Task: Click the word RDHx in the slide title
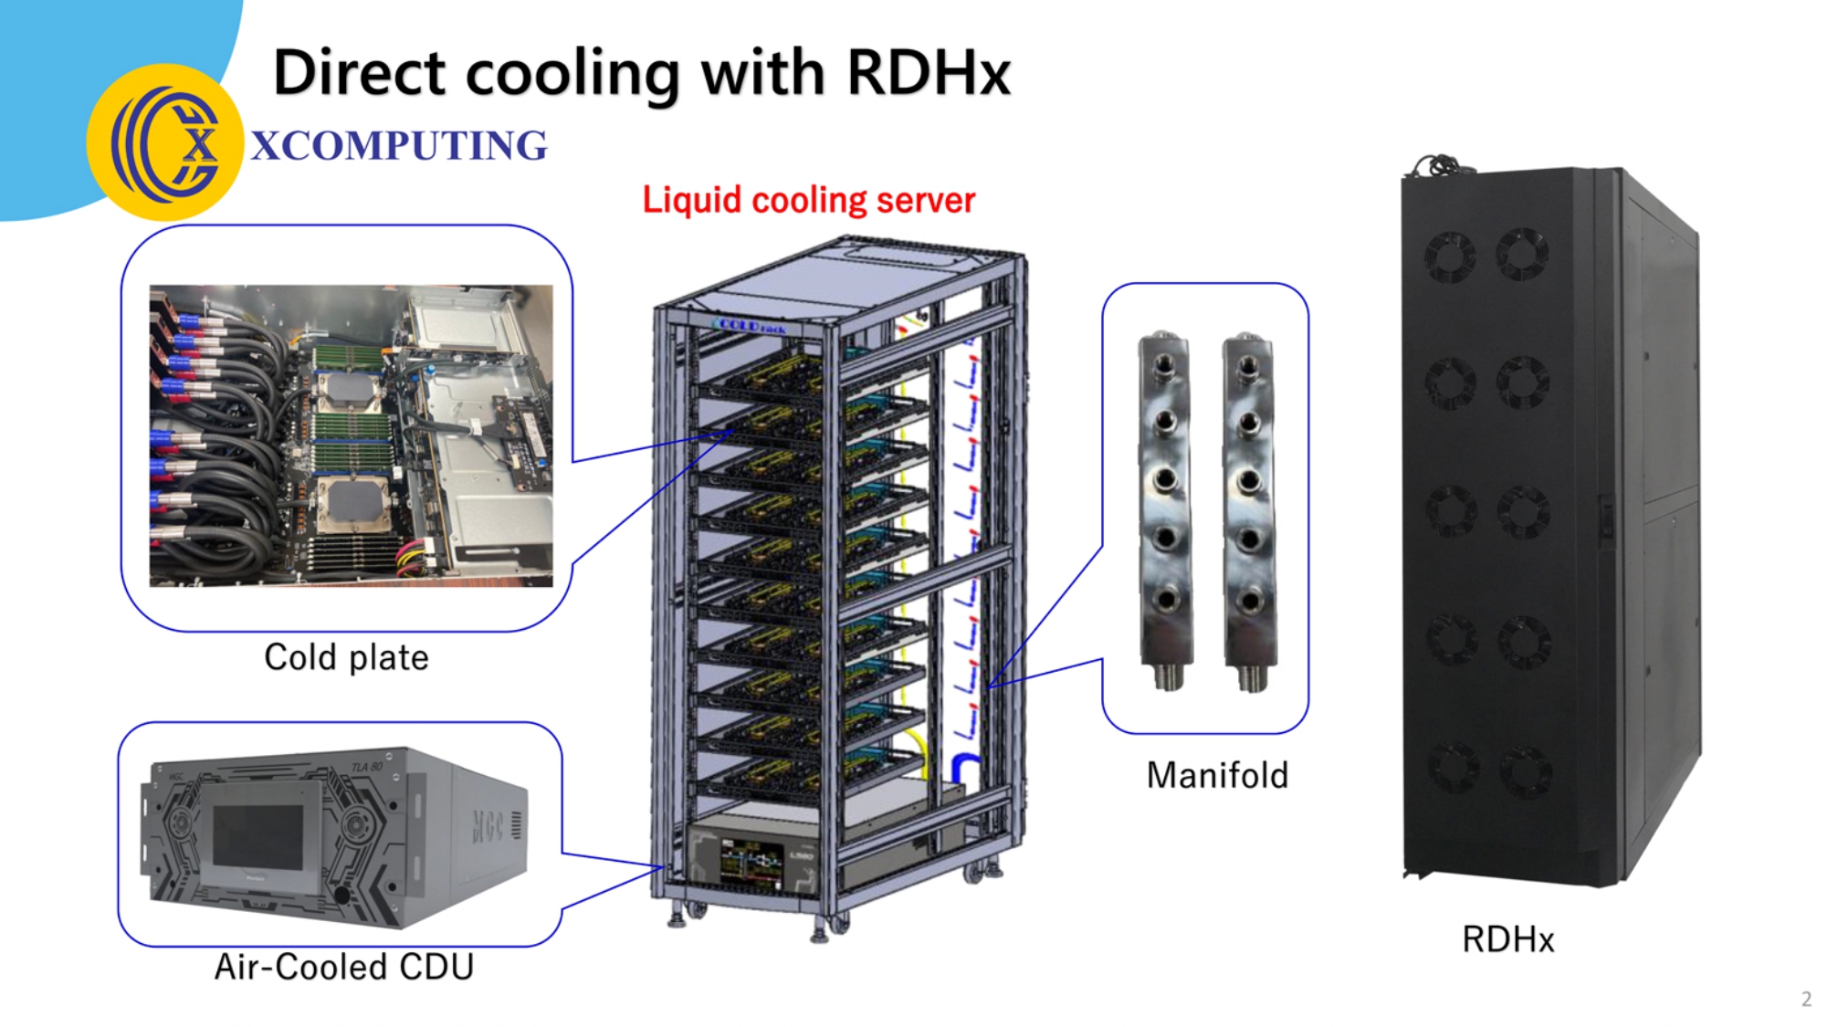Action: click(928, 73)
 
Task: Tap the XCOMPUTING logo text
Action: click(399, 146)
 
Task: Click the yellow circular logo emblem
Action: click(165, 142)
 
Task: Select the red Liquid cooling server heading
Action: click(808, 200)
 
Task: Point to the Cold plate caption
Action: click(346, 657)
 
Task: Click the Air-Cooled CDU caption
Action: click(344, 967)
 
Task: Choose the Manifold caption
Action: click(1217, 775)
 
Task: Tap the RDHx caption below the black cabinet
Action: click(1507, 938)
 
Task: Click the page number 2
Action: click(1805, 999)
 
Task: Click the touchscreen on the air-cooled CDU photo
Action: click(257, 837)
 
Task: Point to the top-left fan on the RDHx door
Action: click(1449, 255)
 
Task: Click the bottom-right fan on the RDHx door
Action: click(1523, 770)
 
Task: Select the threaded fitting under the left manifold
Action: click(1167, 676)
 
